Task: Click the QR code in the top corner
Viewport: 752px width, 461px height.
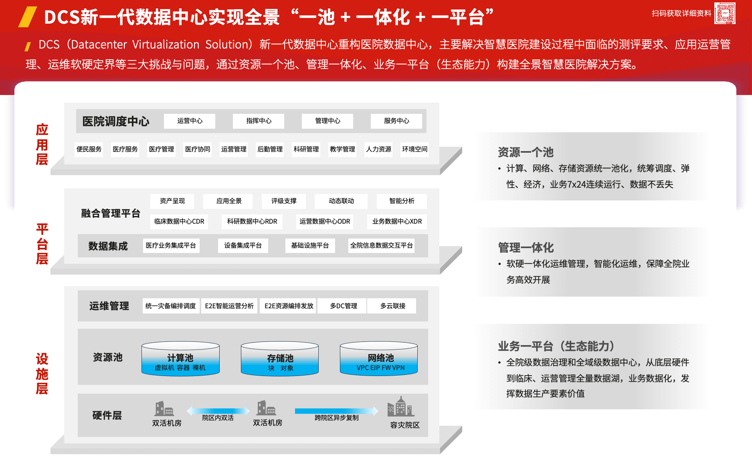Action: point(724,13)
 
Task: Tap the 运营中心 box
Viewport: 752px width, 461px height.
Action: point(190,121)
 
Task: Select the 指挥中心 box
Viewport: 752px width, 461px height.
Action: point(259,121)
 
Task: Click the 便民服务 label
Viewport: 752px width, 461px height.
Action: point(89,149)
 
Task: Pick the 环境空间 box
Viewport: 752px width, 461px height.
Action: point(414,149)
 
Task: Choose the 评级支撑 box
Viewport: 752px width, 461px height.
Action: point(284,201)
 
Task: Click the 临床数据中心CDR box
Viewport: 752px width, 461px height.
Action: point(179,221)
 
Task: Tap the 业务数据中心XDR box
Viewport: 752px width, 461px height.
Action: point(397,221)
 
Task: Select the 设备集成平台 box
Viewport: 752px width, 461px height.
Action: point(243,245)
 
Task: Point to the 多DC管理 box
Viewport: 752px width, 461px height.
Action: point(343,306)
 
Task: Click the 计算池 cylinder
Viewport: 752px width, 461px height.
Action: point(180,359)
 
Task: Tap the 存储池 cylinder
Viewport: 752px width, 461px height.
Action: point(280,359)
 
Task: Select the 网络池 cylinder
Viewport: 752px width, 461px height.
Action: point(379,359)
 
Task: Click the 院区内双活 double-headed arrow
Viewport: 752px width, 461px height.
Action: point(218,410)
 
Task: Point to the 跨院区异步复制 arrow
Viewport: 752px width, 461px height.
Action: point(336,410)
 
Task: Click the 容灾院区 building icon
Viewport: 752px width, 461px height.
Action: point(400,407)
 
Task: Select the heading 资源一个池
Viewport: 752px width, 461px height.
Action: point(526,152)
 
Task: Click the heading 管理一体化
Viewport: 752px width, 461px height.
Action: point(526,247)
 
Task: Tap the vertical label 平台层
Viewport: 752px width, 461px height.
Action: point(42,244)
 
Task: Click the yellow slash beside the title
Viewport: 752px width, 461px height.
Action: point(28,17)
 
